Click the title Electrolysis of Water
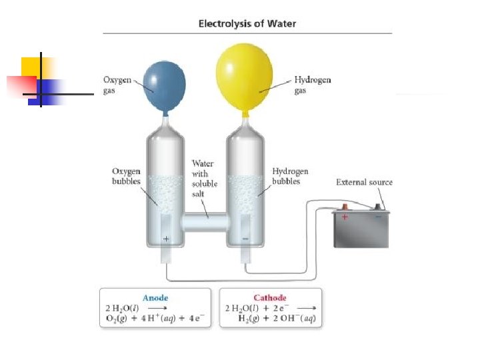pyautogui.click(x=247, y=24)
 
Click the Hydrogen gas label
pyautogui.click(x=312, y=85)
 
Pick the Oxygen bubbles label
pyautogui.click(x=125, y=176)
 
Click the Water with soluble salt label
pyautogui.click(x=203, y=178)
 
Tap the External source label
pyautogui.click(x=364, y=182)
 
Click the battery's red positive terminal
pyautogui.click(x=344, y=207)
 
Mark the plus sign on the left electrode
pyautogui.click(x=166, y=238)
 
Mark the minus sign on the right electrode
pyautogui.click(x=245, y=238)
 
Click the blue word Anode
pyautogui.click(x=155, y=298)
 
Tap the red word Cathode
pyautogui.click(x=271, y=298)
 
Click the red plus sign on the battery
pyautogui.click(x=345, y=217)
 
